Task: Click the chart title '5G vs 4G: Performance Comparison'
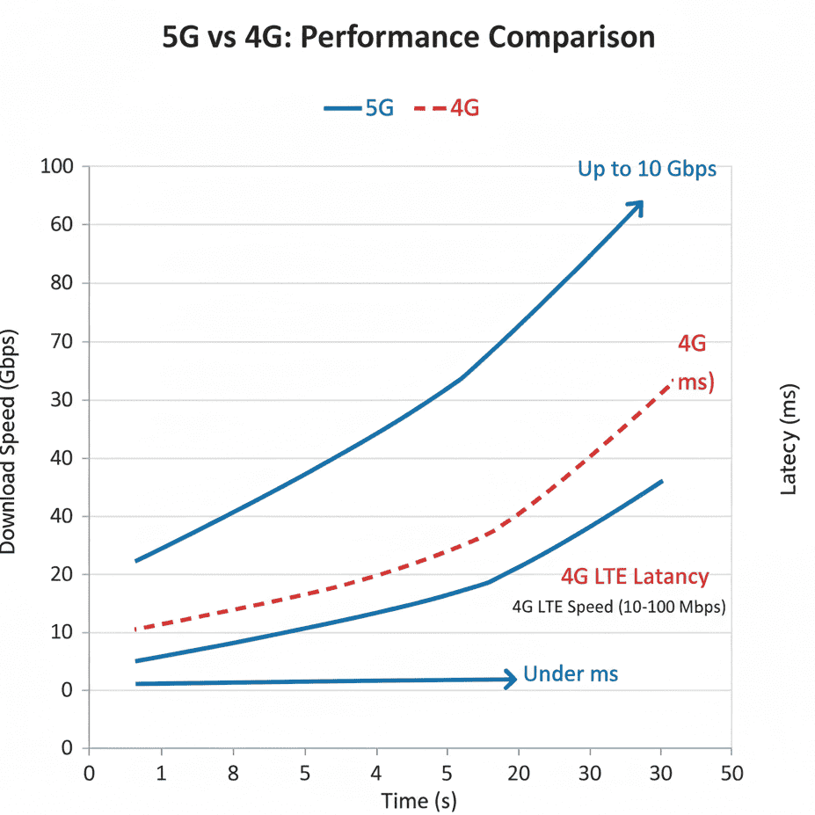[x=409, y=38]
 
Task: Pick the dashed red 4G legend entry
[x=446, y=109]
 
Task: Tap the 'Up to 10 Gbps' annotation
[x=646, y=169]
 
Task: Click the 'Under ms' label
[x=571, y=674]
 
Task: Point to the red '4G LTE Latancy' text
[x=634, y=577]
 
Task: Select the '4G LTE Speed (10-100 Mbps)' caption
[x=619, y=607]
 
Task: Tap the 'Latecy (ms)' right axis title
[x=789, y=439]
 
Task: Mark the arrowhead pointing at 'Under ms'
[x=510, y=679]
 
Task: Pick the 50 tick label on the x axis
[x=731, y=774]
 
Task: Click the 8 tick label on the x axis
[x=232, y=774]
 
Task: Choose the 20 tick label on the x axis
[x=519, y=774]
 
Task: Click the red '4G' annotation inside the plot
[x=692, y=344]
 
